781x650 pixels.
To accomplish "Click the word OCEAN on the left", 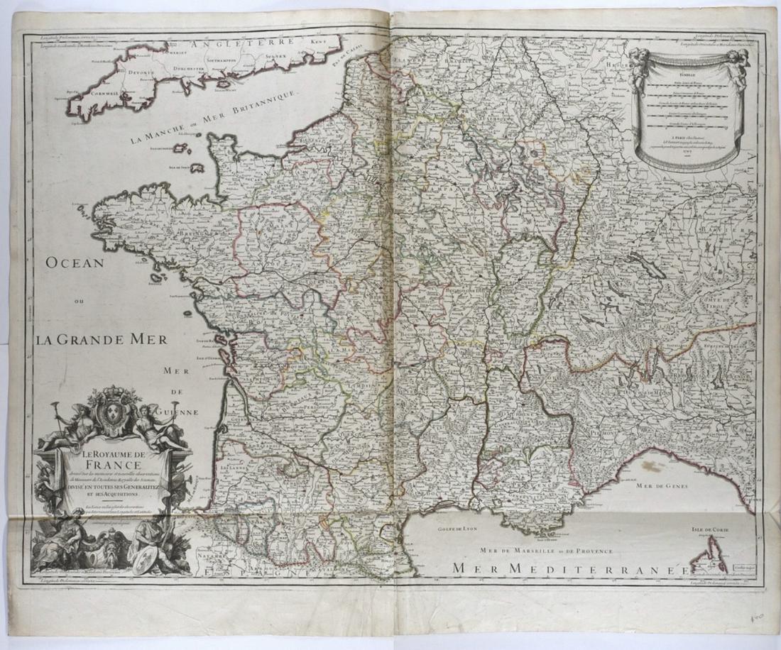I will click(75, 263).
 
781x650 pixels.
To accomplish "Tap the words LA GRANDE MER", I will click(102, 339).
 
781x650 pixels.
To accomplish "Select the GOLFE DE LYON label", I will click(457, 528).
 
